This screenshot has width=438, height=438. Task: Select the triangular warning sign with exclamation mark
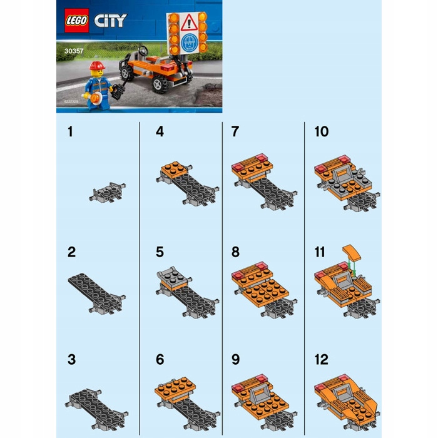click(x=189, y=24)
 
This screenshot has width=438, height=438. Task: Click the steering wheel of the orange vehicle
click(x=144, y=51)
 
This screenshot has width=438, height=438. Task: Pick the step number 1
click(x=71, y=132)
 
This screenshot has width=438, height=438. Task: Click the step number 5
click(x=160, y=252)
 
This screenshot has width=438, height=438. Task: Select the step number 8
click(x=235, y=252)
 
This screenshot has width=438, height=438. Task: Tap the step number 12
click(x=321, y=360)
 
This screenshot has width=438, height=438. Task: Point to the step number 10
click(x=321, y=132)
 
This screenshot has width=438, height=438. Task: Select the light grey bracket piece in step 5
click(x=171, y=273)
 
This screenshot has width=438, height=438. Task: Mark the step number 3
click(x=72, y=360)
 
